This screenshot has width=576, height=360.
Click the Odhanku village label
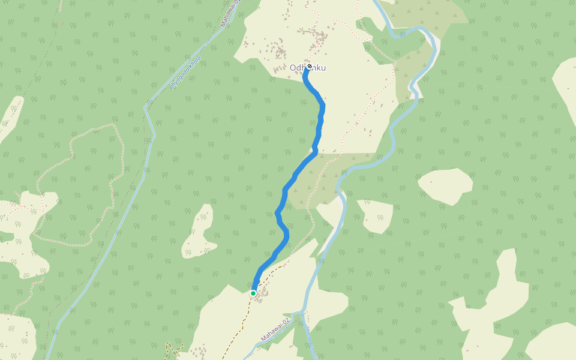(x=307, y=68)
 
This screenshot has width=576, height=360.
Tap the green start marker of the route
(x=253, y=293)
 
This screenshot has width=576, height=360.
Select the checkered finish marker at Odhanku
(x=309, y=65)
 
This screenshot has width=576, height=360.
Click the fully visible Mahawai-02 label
(x=275, y=331)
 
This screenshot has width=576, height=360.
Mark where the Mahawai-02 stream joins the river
(x=300, y=313)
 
